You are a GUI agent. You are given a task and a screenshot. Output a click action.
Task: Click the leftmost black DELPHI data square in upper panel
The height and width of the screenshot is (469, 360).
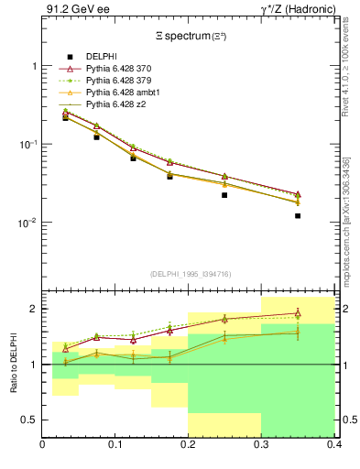pyautogui.click(x=65, y=117)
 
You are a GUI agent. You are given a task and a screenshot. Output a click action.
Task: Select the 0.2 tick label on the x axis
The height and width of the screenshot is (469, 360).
pyautogui.click(x=188, y=444)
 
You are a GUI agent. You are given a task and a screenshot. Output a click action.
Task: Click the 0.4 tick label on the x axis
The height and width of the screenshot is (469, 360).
pyautogui.click(x=333, y=444)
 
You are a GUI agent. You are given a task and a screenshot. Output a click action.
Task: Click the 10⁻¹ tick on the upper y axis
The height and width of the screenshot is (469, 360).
pyautogui.click(x=29, y=145)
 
